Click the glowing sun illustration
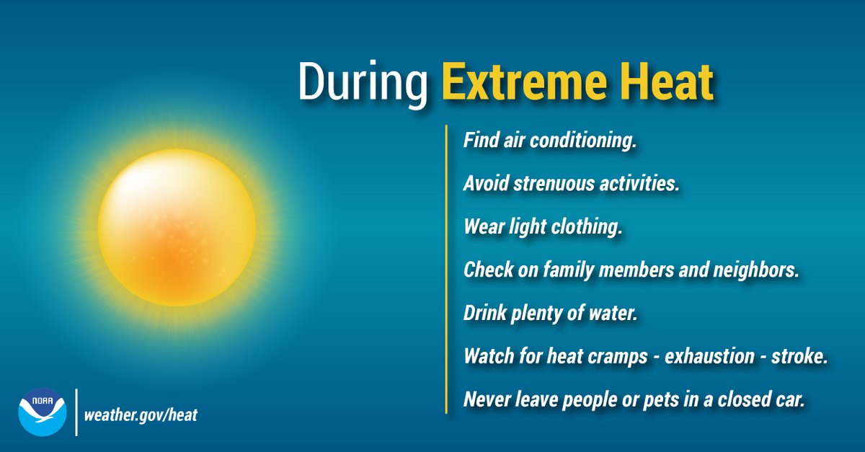point(177,227)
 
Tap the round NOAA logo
point(42,412)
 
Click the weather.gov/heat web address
point(141,415)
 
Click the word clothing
point(587,227)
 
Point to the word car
point(789,399)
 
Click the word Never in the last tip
point(484,399)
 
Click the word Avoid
point(485,184)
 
